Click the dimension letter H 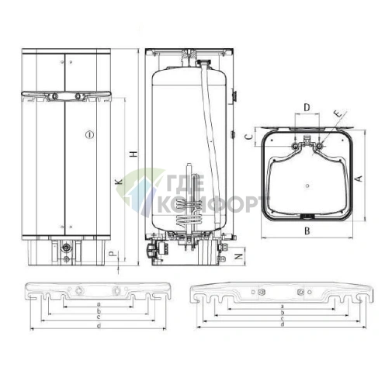(133, 155)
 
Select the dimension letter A (358, 178)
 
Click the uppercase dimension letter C (248, 137)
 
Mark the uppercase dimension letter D (307, 107)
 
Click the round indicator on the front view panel (89, 135)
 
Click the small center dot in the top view (307, 186)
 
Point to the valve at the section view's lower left (148, 251)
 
